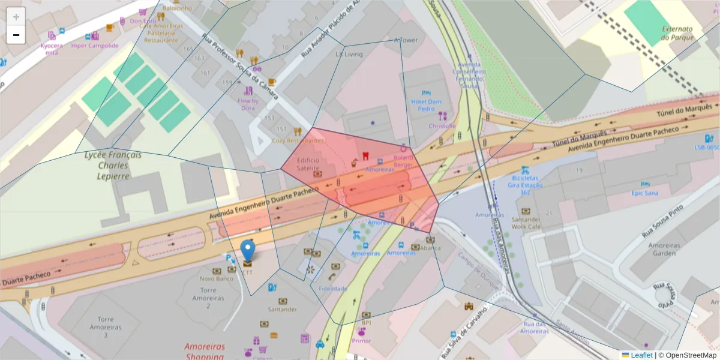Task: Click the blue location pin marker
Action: pyautogui.click(x=247, y=251)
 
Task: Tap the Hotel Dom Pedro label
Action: pyautogui.click(x=426, y=106)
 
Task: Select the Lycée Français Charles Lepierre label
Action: pyautogui.click(x=113, y=165)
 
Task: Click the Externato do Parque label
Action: pyautogui.click(x=677, y=33)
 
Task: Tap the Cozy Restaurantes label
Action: pyautogui.click(x=298, y=140)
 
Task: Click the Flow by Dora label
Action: pyautogui.click(x=248, y=104)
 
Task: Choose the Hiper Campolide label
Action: pyautogui.click(x=95, y=45)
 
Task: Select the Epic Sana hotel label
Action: pyautogui.click(x=644, y=193)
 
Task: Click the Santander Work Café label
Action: pyautogui.click(x=526, y=223)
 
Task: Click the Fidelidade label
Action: pyautogui.click(x=333, y=289)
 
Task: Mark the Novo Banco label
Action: pyautogui.click(x=216, y=278)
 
